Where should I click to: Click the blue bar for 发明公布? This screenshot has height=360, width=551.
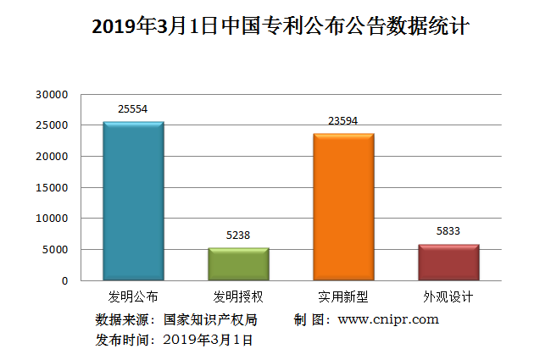point(133,201)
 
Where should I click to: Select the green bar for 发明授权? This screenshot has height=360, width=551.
point(238,263)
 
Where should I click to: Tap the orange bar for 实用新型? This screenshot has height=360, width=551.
point(343,207)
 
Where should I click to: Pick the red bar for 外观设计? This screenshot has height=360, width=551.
point(448,262)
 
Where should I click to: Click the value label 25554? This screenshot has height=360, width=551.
point(133,109)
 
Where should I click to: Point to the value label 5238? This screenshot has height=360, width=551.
point(238,235)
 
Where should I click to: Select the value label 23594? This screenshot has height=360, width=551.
point(343,120)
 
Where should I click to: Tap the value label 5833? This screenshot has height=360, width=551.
point(448,231)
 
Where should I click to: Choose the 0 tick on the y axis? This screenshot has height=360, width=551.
point(64,280)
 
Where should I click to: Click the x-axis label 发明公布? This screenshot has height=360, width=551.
point(133,297)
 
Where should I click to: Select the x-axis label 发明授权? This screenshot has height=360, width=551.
point(238,297)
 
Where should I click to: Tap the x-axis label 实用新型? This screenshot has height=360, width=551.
point(343,297)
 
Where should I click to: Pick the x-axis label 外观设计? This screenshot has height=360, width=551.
point(448,297)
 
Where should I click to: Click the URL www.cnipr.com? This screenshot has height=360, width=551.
point(388,319)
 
